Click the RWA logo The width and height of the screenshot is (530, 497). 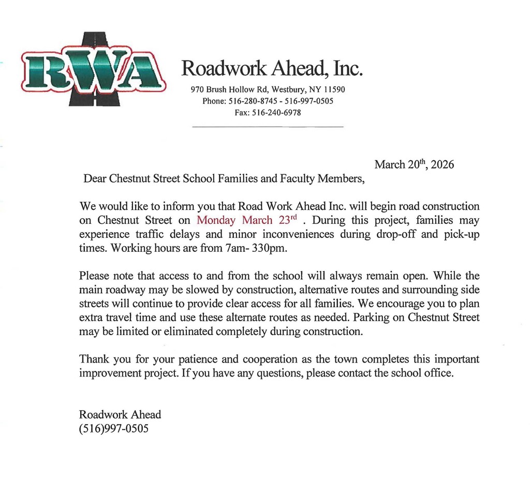tap(93, 70)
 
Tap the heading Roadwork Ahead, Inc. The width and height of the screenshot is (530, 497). tap(272, 68)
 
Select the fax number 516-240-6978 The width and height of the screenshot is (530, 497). tap(276, 113)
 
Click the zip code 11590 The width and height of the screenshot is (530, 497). tap(334, 89)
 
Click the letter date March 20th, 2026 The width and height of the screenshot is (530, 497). tap(414, 164)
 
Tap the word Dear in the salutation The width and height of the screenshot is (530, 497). tap(94, 179)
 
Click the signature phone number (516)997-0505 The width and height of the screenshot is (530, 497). tap(114, 428)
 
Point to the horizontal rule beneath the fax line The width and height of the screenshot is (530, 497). tap(268, 127)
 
